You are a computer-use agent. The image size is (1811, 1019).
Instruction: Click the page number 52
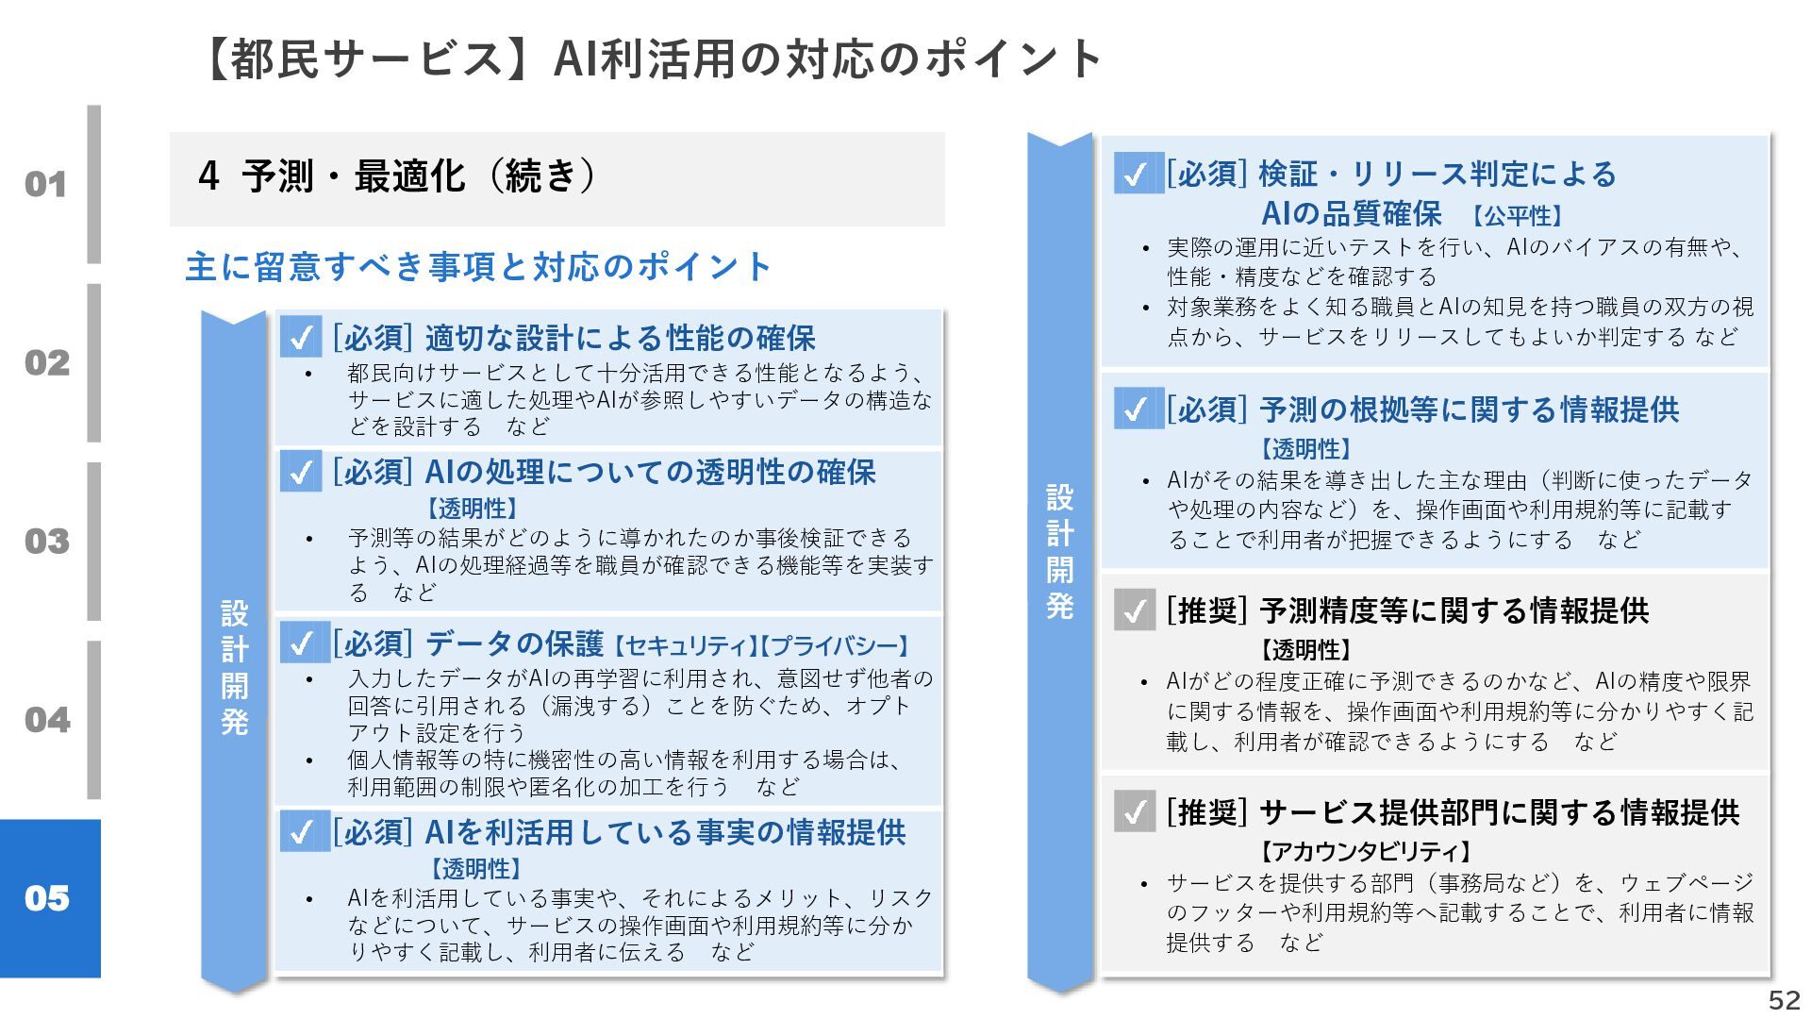[x=1784, y=1000]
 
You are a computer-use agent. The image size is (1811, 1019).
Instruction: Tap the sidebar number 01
[x=46, y=184]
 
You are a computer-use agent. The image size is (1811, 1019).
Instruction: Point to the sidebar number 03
[x=46, y=541]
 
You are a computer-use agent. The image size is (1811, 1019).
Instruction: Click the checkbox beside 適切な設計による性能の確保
[x=301, y=337]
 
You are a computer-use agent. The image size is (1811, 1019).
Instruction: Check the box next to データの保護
[x=301, y=643]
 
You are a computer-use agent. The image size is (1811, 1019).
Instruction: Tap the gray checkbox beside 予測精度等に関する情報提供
[x=1134, y=610]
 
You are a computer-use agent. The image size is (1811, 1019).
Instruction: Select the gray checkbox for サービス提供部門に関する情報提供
[x=1134, y=811]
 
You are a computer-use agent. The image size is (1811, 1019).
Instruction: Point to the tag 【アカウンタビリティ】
[x=1366, y=852]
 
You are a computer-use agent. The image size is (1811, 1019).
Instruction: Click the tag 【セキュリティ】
[x=682, y=646]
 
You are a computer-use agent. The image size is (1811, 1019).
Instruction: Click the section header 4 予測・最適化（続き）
[x=396, y=176]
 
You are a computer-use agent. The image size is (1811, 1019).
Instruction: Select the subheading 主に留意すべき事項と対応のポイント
[x=478, y=267]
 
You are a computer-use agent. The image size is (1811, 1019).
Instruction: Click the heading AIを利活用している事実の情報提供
[x=665, y=832]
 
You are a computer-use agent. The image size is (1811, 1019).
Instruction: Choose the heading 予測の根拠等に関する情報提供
[x=1469, y=409]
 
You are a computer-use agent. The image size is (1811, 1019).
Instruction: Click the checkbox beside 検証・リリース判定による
[x=1135, y=175]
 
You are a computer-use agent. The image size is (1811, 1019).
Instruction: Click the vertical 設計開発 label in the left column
[x=235, y=667]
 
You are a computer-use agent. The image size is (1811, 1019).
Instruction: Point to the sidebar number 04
[x=46, y=719]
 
